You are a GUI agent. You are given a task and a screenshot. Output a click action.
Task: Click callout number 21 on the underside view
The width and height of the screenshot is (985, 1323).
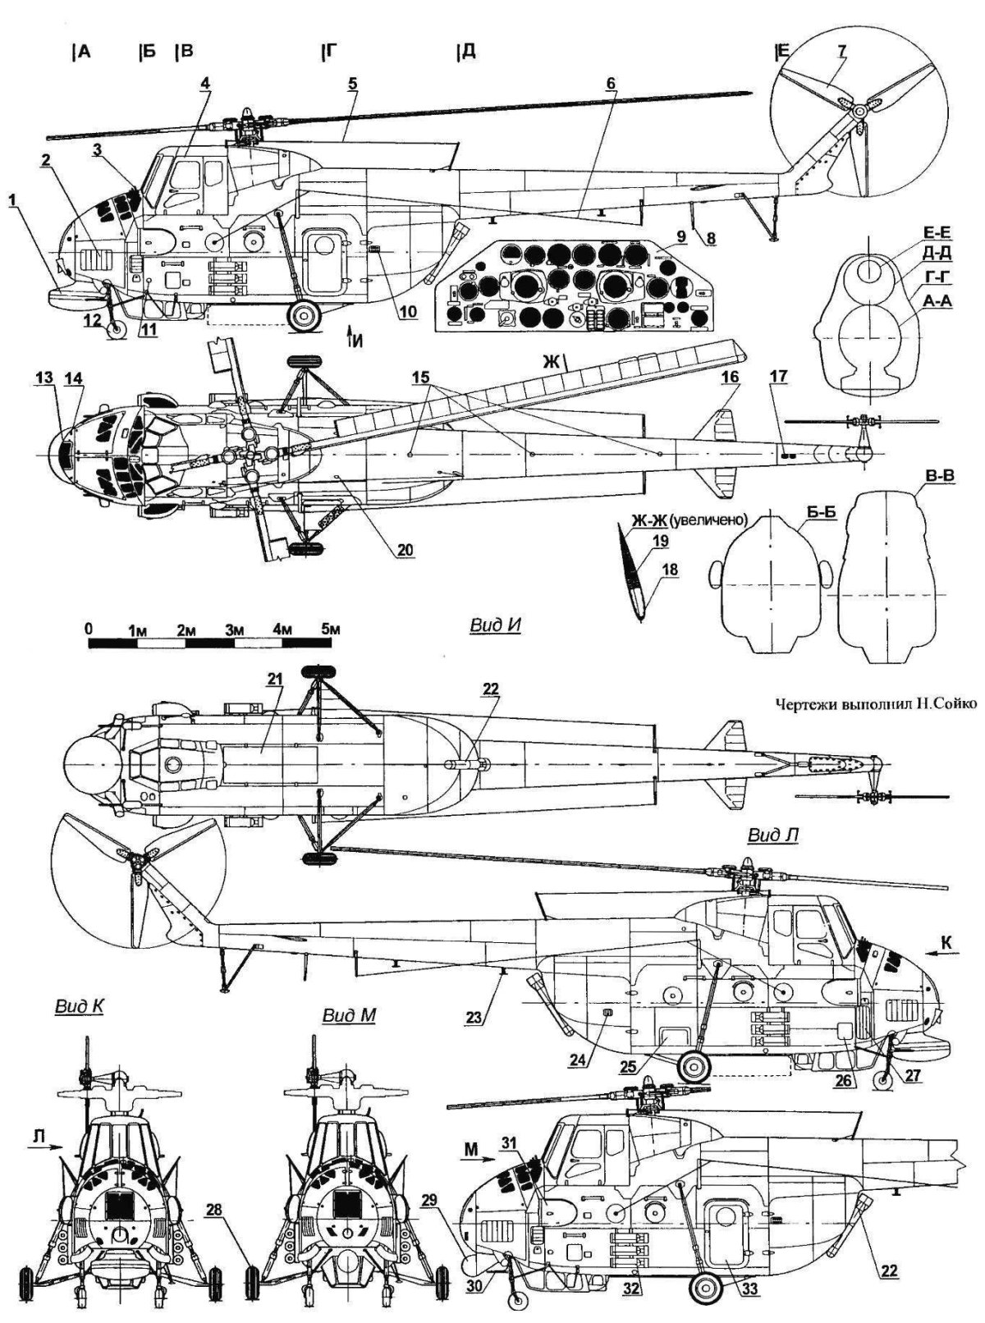273,678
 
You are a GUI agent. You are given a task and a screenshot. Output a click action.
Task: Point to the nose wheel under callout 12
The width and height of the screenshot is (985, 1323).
117,327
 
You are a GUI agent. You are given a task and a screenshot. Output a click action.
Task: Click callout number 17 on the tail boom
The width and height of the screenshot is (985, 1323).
779,376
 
